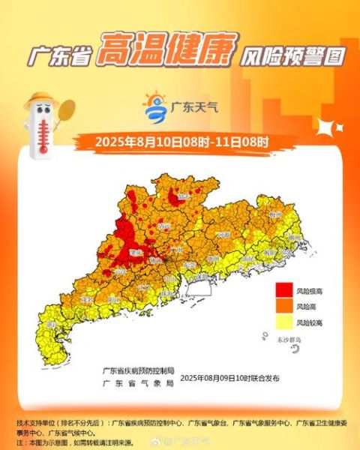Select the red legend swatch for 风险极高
[284, 290]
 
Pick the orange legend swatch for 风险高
[284, 306]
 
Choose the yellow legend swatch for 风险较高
[284, 322]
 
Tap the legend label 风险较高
[310, 322]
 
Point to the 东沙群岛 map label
[286, 341]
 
